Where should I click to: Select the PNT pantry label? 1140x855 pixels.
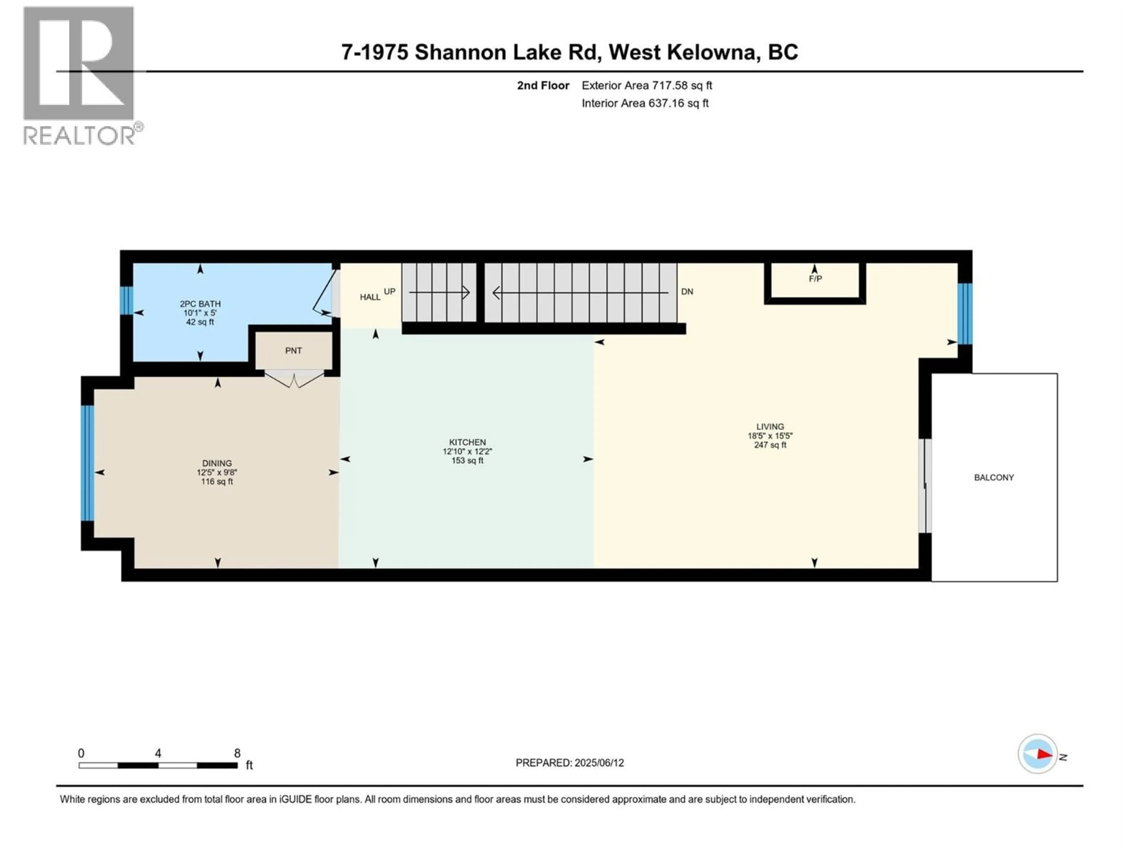coord(293,350)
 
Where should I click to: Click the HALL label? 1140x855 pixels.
coord(370,297)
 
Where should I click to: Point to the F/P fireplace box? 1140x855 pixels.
coord(815,281)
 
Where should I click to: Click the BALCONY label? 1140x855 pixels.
coord(994,478)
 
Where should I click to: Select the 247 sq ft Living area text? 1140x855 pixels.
coord(770,445)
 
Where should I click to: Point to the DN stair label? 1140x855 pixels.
coord(687,292)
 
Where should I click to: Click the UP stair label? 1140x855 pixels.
coord(389,292)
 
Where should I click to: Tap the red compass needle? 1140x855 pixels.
coord(1044,754)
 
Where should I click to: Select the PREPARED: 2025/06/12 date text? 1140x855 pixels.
coord(569,763)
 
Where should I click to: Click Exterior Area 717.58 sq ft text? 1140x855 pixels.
coord(647,85)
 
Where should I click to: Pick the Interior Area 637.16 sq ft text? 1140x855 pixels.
coord(645,103)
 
